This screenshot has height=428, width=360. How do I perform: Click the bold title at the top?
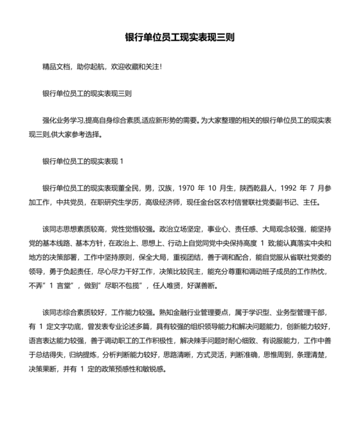coord(179,37)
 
